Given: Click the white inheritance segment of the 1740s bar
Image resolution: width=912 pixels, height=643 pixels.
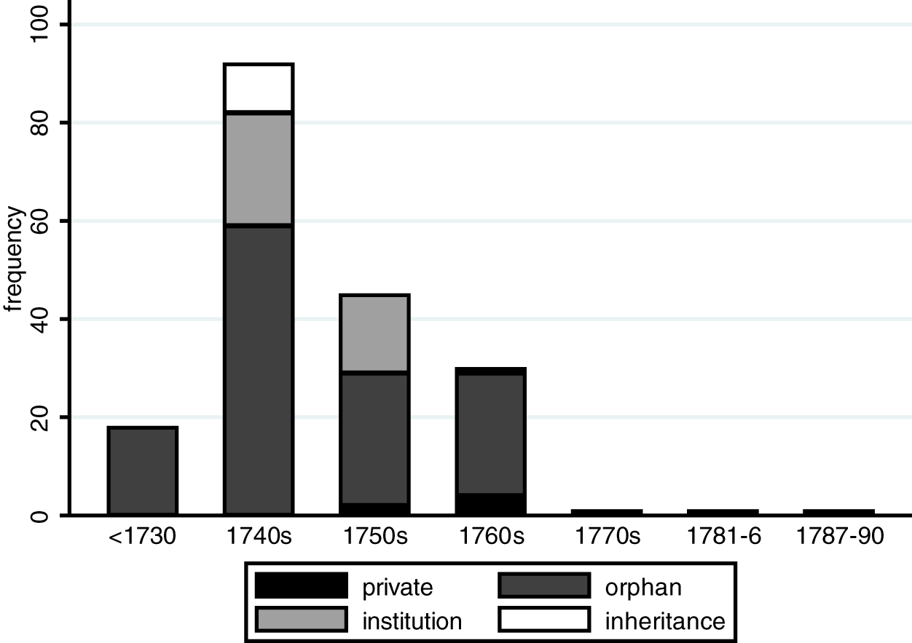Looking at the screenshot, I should pyautogui.click(x=259, y=88).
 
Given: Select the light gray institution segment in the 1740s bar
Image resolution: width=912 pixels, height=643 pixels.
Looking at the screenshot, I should pyautogui.click(x=259, y=170).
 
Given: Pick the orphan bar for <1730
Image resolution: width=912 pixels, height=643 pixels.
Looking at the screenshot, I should pyautogui.click(x=143, y=471).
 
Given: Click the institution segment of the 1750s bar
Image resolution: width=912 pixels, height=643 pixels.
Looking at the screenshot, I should pyautogui.click(x=375, y=334).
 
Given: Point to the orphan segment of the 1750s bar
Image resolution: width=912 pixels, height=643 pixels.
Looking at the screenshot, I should pyautogui.click(x=375, y=437).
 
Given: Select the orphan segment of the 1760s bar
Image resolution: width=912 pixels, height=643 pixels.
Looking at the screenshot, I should pyautogui.click(x=491, y=434).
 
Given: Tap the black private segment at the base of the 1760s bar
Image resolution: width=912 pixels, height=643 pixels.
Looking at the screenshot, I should pyautogui.click(x=491, y=504).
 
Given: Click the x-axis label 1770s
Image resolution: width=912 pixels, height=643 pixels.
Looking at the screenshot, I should pyautogui.click(x=608, y=537).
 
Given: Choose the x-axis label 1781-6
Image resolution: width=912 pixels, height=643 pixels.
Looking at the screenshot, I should pyautogui.click(x=724, y=537).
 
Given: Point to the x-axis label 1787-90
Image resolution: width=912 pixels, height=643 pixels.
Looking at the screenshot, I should pyautogui.click(x=840, y=537).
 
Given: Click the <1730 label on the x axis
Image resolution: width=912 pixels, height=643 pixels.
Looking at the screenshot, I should pyautogui.click(x=143, y=537).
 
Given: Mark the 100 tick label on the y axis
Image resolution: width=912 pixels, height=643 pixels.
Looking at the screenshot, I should pyautogui.click(x=42, y=25).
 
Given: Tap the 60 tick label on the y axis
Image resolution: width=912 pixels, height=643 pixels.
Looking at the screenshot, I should pyautogui.click(x=42, y=221).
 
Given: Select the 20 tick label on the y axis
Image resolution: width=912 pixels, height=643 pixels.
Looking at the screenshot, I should pyautogui.click(x=42, y=417).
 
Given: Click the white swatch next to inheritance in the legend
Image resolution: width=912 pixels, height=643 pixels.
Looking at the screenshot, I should pyautogui.click(x=544, y=620).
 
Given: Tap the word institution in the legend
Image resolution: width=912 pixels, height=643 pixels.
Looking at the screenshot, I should pyautogui.click(x=412, y=621).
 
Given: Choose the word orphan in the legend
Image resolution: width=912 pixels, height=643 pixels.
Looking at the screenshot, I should pyautogui.click(x=644, y=587).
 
